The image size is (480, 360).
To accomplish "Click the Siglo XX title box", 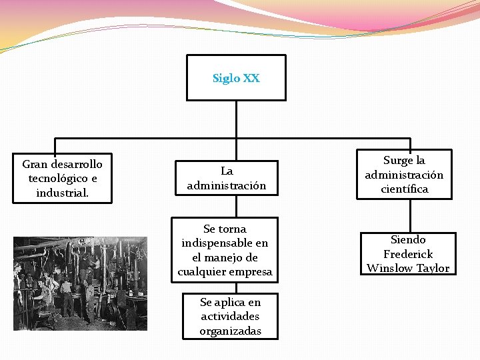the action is (236, 78).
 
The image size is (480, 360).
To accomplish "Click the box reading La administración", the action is (226, 178).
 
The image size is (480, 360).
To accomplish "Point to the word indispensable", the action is (225, 243).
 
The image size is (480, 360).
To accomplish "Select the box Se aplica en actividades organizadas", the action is (230, 317).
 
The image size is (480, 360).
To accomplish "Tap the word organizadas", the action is (230, 331).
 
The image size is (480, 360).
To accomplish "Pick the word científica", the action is (404, 189).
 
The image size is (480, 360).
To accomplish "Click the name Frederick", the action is (408, 254).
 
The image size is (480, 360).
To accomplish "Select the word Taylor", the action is (433, 269).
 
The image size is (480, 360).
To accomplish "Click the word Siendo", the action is (408, 239).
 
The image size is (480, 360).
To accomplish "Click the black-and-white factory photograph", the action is (80, 283).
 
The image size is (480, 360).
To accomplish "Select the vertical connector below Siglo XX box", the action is (236, 119).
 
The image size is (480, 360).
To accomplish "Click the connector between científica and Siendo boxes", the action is (410, 215).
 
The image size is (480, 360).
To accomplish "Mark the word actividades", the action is (230, 317).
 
